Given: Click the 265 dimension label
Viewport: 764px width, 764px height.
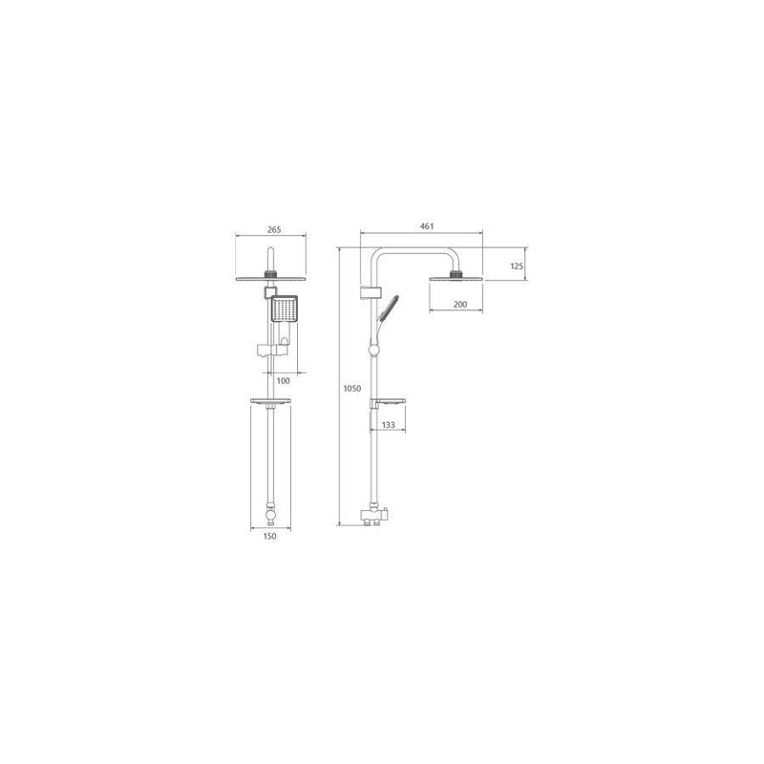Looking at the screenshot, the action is [274, 229].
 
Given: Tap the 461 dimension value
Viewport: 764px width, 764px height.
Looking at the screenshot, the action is [427, 226].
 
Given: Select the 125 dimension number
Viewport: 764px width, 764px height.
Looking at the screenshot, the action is [517, 266].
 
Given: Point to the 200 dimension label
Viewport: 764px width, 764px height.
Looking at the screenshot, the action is [460, 305].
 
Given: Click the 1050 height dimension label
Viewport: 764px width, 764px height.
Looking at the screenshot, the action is [352, 389].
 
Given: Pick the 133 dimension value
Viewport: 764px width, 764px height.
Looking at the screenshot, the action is [389, 425].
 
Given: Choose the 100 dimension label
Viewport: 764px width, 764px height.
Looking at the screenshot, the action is [283, 380].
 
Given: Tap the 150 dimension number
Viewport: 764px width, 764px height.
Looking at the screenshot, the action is [269, 536].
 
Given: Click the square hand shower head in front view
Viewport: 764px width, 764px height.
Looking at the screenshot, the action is [284, 308].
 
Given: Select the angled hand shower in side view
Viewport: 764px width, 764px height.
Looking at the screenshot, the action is [388, 308].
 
